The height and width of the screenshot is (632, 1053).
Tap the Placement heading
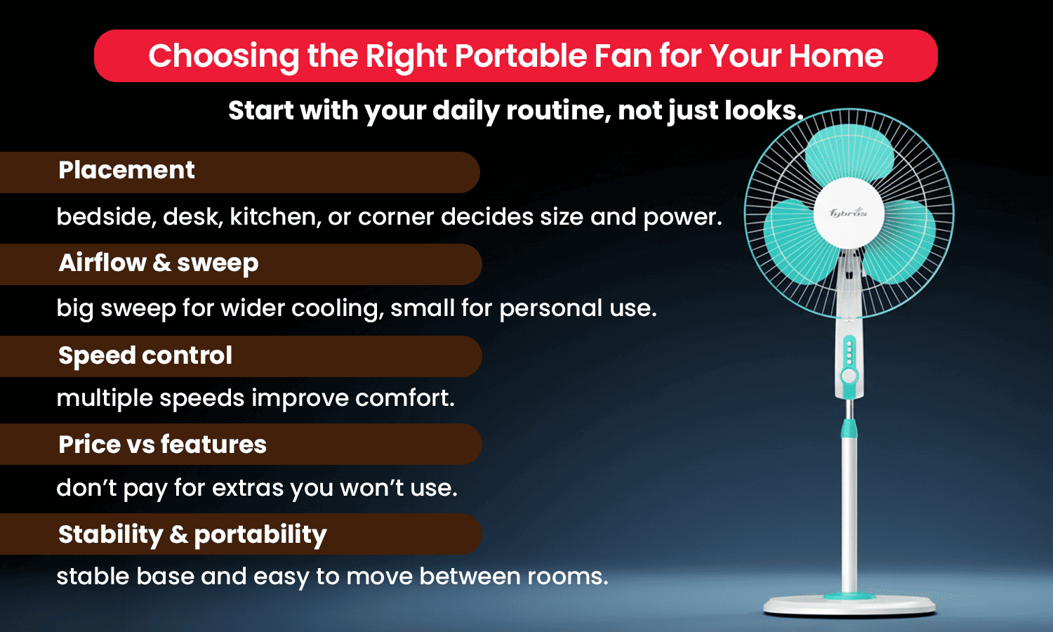point(126,171)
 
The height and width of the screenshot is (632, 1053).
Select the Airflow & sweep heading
point(159,263)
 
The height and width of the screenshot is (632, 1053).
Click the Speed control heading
point(145,355)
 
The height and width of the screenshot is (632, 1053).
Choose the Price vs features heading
point(162,445)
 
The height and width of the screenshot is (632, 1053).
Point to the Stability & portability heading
point(192,534)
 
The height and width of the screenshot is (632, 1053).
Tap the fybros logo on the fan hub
point(848,213)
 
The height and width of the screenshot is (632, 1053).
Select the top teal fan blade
point(849,151)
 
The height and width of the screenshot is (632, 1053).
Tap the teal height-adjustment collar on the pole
point(849,427)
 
